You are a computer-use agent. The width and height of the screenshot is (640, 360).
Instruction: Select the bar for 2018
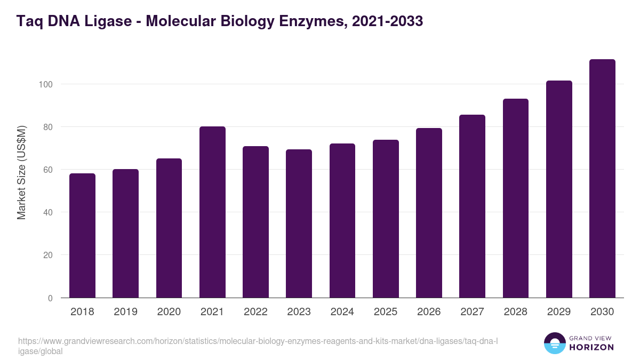pyautogui.click(x=82, y=235)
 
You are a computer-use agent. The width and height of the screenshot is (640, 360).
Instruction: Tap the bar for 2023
pyautogui.click(x=299, y=223)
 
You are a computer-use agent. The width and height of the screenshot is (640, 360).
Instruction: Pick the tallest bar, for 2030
pyautogui.click(x=602, y=178)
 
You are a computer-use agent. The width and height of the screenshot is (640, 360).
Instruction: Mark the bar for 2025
pyautogui.click(x=386, y=219)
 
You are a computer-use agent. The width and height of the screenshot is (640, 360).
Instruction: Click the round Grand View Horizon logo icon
pyautogui.click(x=554, y=343)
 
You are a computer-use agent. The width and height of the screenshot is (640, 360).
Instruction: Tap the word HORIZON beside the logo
pyautogui.click(x=591, y=347)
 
